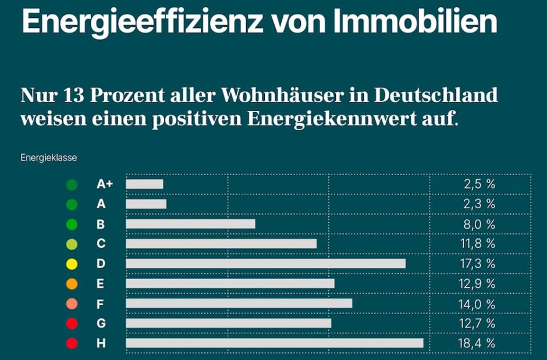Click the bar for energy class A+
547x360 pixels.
pyautogui.click(x=144, y=184)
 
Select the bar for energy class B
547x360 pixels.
pyautogui.click(x=190, y=224)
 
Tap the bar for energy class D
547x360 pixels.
pyautogui.click(x=265, y=263)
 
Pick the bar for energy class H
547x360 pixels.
pyautogui.click(x=274, y=343)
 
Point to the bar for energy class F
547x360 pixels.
pyautogui.click(x=239, y=303)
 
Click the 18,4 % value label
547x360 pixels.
pyautogui.click(x=477, y=343)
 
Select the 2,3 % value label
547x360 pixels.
pyautogui.click(x=479, y=204)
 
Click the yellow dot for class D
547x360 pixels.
pyautogui.click(x=72, y=264)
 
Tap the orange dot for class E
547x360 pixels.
pyautogui.click(x=72, y=284)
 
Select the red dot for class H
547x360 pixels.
pyautogui.click(x=72, y=343)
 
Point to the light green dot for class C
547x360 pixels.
pyautogui.click(x=72, y=244)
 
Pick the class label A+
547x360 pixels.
pyautogui.click(x=105, y=184)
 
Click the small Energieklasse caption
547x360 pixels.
pyautogui.click(x=49, y=157)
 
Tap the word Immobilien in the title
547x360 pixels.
pyautogui.click(x=416, y=22)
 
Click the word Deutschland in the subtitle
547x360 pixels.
pyautogui.click(x=435, y=95)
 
